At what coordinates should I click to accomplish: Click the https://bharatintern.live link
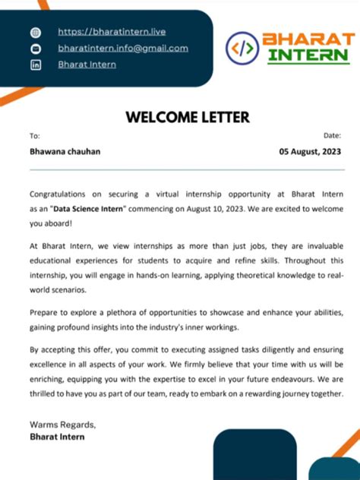point(112,32)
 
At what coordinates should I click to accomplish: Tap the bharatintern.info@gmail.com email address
point(123,48)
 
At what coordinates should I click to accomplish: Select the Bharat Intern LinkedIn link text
point(87,65)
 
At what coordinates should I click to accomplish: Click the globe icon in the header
point(35,33)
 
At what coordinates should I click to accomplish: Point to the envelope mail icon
point(35,49)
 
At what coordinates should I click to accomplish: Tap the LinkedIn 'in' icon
point(35,65)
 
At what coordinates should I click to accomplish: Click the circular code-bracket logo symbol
point(242,48)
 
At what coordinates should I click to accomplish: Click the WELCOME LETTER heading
point(187,118)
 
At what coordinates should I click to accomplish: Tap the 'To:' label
point(34,136)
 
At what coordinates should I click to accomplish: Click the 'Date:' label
point(332,135)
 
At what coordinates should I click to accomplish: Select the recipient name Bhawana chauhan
point(65,151)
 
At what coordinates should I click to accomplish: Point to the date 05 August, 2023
point(310,151)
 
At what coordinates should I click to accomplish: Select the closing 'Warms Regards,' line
point(62,424)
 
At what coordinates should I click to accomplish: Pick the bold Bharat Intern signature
point(57,437)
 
